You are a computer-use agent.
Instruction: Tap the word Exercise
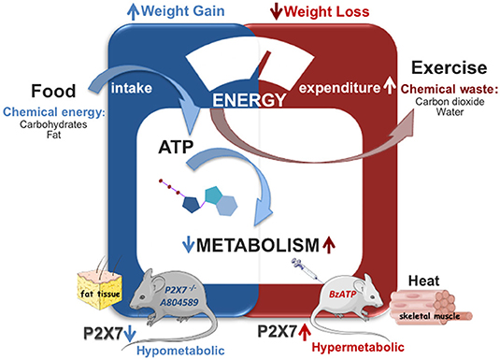coord(450,68)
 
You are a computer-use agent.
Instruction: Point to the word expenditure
coord(336,87)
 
